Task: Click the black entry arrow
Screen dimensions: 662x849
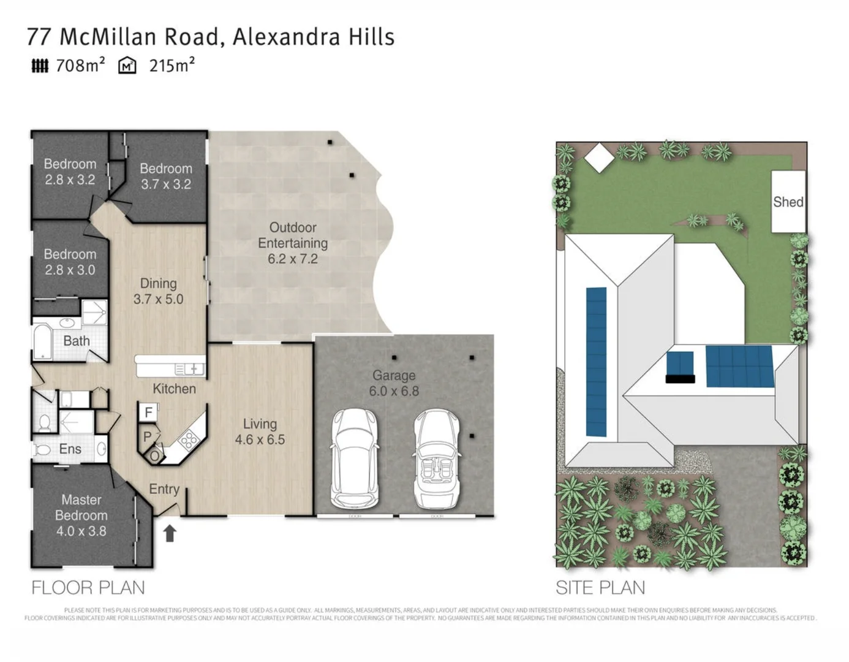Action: (170, 533)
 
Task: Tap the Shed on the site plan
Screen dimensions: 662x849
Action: (788, 202)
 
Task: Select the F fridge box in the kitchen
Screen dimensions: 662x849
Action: (148, 413)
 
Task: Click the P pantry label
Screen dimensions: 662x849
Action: (147, 437)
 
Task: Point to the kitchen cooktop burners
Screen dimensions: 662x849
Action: (188, 439)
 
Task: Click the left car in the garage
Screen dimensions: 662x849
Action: (353, 458)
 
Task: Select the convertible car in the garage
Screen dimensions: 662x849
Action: (436, 459)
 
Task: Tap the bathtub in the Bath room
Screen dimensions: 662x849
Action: (43, 342)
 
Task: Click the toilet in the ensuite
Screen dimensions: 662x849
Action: (43, 422)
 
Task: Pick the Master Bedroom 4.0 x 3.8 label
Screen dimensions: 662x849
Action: (81, 516)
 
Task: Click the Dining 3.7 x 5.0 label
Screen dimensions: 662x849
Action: (158, 291)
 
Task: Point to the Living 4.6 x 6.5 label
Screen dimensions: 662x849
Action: (260, 432)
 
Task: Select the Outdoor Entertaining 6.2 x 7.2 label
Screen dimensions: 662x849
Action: (292, 243)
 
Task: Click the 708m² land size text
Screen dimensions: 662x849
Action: (80, 66)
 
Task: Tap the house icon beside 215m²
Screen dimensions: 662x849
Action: (127, 66)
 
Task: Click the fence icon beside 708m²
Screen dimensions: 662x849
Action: (40, 66)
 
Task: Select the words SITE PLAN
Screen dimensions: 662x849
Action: (600, 588)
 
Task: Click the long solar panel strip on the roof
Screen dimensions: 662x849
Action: (596, 362)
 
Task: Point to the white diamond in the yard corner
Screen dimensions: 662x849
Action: (598, 158)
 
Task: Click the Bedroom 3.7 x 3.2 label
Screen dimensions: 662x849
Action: (165, 176)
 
